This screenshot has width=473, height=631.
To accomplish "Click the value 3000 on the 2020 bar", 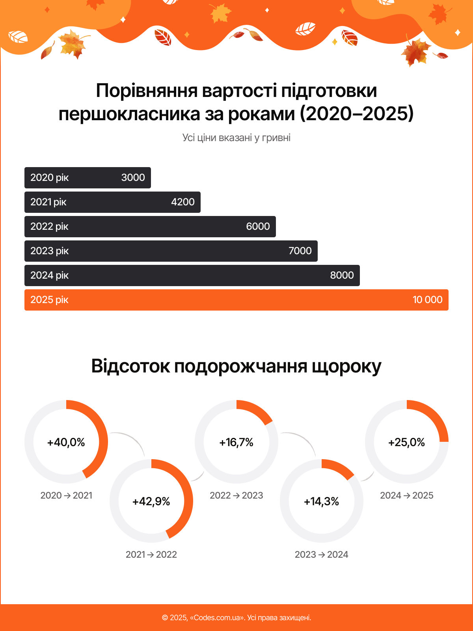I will (133, 178).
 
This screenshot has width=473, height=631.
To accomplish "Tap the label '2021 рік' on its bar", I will (48, 202).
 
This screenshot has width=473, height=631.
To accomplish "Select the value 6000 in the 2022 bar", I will (258, 227).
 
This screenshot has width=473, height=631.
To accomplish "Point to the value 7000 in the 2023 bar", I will (300, 251).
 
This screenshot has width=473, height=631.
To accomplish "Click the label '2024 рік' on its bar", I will (49, 275).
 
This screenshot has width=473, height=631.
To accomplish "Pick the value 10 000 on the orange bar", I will (427, 300).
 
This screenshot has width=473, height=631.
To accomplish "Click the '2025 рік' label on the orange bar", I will (49, 300).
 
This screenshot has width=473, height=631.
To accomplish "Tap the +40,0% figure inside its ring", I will (66, 442).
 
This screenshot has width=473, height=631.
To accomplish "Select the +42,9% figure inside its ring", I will (151, 501).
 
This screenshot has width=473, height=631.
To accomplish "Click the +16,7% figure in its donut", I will (236, 442).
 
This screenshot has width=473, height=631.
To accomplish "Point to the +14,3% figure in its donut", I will (322, 501).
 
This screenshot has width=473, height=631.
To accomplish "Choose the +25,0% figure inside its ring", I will (407, 442).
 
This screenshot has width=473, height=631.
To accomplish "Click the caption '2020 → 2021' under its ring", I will (66, 495).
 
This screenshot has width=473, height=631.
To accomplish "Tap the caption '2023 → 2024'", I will (322, 555).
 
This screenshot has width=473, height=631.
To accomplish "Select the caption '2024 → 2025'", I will (407, 495).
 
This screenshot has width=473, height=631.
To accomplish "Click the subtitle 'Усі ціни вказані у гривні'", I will (236, 138).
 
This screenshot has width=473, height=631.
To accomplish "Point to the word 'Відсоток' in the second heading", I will (130, 366).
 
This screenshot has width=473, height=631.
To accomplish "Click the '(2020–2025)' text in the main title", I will (357, 114).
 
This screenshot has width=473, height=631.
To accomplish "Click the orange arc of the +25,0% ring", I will (434, 415).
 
